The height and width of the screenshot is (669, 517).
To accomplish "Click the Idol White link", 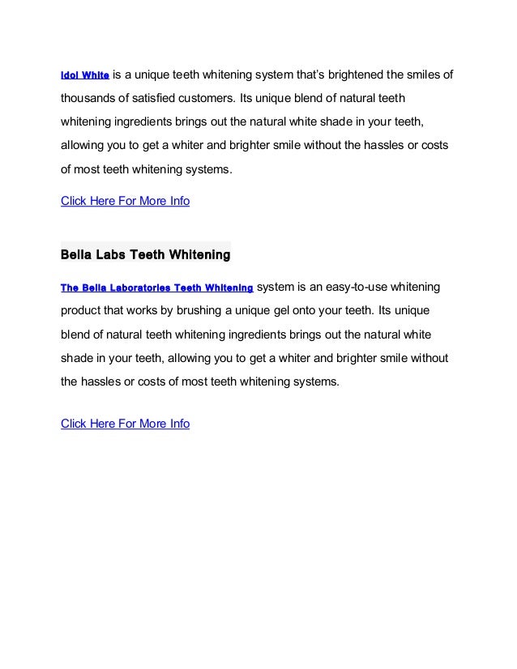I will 85,76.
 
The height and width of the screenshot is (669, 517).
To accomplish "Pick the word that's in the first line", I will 304,76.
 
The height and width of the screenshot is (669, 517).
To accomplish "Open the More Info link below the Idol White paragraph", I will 126,201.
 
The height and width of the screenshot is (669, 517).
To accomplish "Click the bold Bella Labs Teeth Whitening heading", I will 146,255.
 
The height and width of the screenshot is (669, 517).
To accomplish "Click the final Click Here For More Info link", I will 126,423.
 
